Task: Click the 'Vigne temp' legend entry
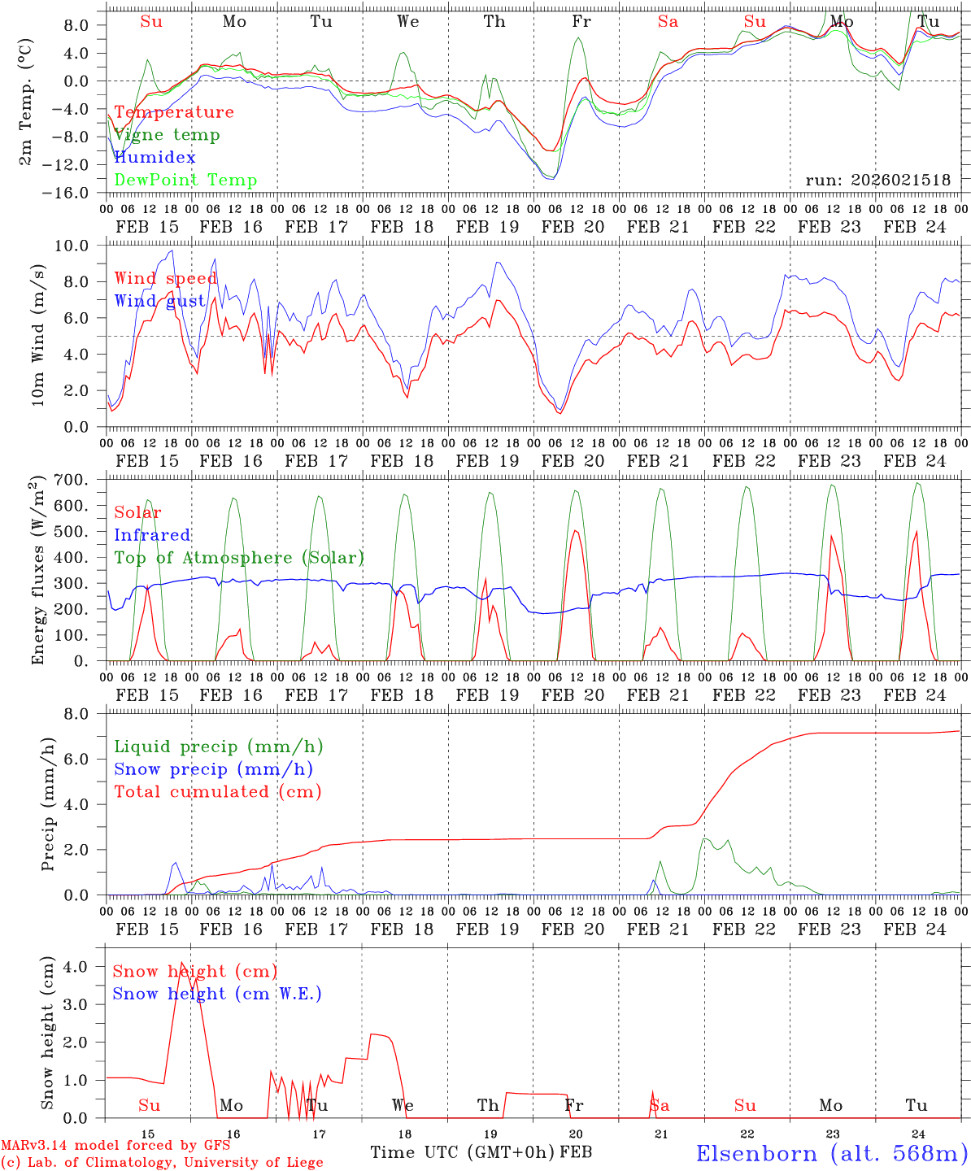tap(167, 135)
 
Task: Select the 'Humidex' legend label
tap(155, 158)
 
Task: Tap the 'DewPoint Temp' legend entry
tap(185, 181)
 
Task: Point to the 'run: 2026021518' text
tap(877, 181)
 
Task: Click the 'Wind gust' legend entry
tap(159, 302)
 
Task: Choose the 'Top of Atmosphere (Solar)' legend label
tap(238, 558)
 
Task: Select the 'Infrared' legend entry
tap(152, 535)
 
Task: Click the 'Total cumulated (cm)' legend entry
tap(217, 791)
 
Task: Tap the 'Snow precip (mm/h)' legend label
tap(213, 769)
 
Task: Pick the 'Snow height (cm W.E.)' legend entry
tap(216, 994)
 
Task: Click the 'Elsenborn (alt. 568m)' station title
tap(831, 1152)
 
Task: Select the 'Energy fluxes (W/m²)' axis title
tap(37, 571)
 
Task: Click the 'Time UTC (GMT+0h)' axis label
tap(463, 1152)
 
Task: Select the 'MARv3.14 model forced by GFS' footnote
tap(115, 1146)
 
